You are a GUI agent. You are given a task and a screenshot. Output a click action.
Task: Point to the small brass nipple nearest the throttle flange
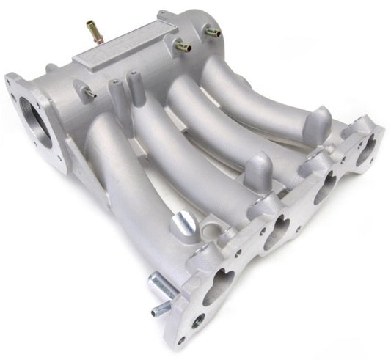pos(88,92)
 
